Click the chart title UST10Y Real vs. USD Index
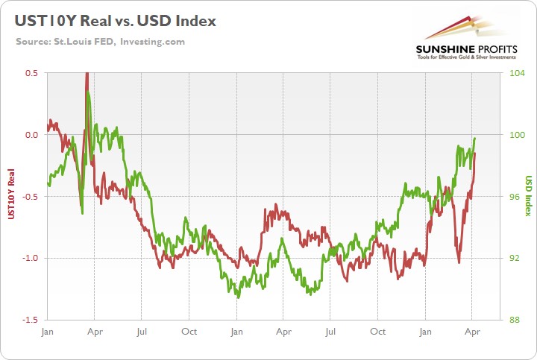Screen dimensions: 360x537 tap(114, 21)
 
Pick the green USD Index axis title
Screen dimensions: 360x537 tap(527, 196)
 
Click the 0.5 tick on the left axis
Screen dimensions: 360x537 tap(31, 73)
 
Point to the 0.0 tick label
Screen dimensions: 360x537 tap(31, 135)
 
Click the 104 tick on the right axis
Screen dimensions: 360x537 tap(517, 73)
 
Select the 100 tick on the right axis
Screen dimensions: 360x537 tap(517, 135)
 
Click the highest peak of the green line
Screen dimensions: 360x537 tap(88, 92)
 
